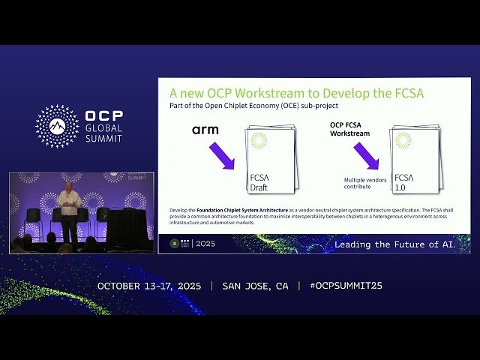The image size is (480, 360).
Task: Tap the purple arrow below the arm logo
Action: pos(222,156)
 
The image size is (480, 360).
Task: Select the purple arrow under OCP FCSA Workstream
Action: pos(367,155)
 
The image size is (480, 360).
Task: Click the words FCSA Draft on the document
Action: pos(259,182)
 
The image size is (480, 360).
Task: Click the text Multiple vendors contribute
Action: pos(364,184)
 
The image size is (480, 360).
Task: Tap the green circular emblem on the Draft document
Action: pos(259,140)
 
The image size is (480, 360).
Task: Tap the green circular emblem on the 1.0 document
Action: pos(403,140)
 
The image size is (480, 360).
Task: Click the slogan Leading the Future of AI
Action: pos(402,244)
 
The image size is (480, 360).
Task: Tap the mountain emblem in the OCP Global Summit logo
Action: pos(57,126)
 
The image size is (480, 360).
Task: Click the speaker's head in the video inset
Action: pos(69,185)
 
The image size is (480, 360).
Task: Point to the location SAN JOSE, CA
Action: pos(255,286)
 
